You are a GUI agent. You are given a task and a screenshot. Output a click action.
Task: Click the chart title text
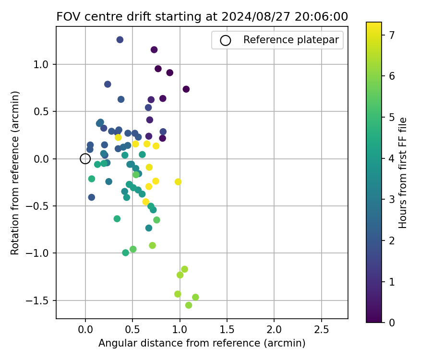coord(202,17)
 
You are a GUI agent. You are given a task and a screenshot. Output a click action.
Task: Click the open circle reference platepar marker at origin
coord(85,159)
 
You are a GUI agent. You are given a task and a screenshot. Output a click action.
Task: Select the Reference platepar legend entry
coord(278,40)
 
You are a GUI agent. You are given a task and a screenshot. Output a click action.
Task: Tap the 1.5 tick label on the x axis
coord(227,330)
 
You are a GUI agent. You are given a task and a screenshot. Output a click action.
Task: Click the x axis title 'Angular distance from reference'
coord(202,344)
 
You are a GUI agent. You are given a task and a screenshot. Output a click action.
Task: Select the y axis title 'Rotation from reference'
coord(16,172)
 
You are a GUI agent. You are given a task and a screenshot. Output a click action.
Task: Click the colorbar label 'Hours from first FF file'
coord(403,172)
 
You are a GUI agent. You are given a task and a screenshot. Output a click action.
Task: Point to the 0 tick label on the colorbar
coord(392,322)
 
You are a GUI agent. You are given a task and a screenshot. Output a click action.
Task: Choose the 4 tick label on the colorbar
coord(392,158)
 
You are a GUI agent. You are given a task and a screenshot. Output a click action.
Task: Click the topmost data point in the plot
coord(120,40)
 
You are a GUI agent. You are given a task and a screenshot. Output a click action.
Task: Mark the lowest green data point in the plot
coord(189,305)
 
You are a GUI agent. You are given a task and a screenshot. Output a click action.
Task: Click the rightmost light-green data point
coord(195,297)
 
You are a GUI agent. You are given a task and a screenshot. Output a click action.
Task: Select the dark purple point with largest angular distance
coord(186,89)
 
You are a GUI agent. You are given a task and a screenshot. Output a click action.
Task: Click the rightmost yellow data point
coord(178,182)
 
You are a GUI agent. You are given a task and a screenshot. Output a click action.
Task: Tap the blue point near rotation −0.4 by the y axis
coord(92,197)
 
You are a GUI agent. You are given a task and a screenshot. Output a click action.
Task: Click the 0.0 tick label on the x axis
coord(85,330)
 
